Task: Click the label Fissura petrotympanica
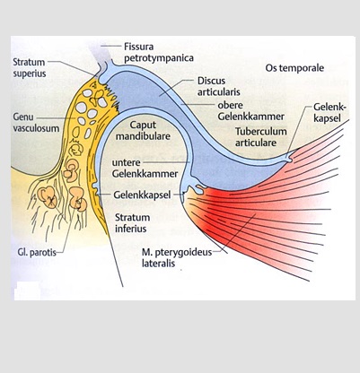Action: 159,52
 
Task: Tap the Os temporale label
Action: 294,68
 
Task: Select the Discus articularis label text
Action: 218,86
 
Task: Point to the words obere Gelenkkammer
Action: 250,110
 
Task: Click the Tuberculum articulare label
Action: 260,136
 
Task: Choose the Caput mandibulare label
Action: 143,130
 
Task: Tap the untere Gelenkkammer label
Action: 145,168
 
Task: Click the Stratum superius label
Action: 29,67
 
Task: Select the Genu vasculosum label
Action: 36,123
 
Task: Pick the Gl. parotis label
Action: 37,252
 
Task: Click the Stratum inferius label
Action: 132,222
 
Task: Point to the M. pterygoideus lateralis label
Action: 177,257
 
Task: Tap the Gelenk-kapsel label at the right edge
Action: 329,112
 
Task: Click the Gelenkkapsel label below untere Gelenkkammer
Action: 142,195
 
